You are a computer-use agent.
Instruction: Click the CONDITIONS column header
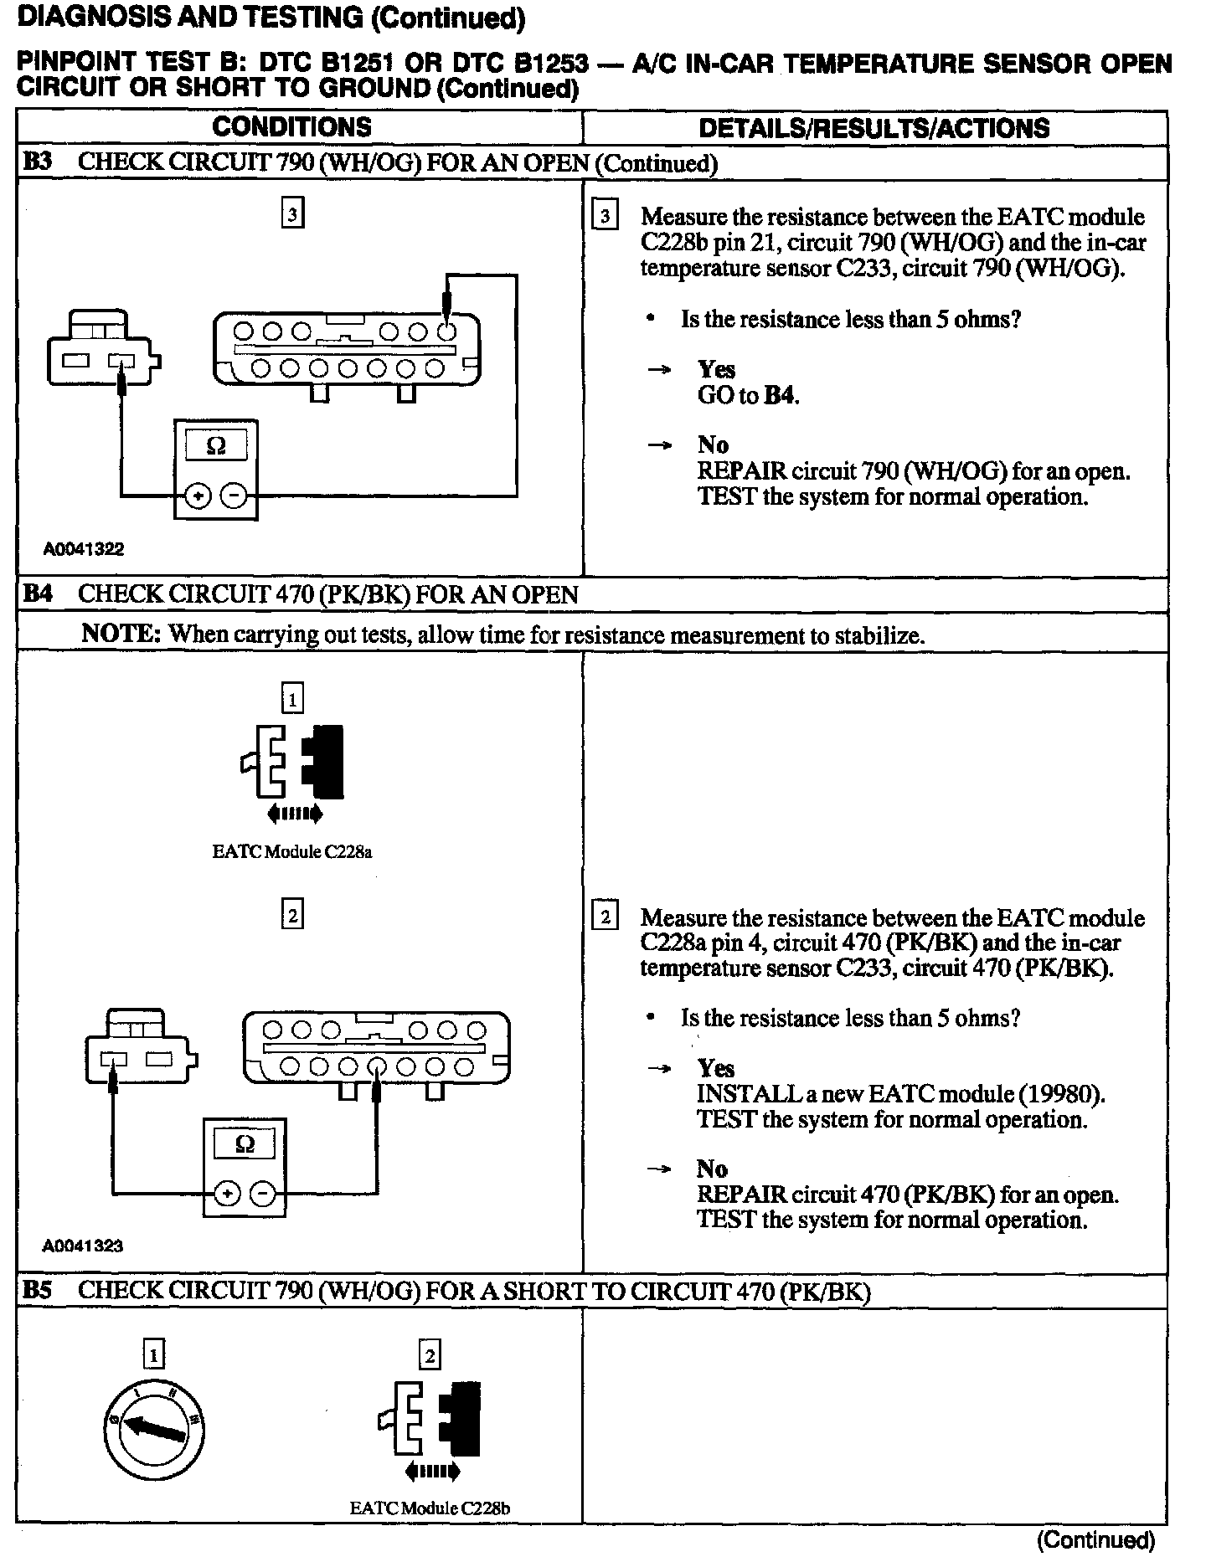(x=291, y=127)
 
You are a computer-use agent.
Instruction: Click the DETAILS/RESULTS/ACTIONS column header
(x=874, y=128)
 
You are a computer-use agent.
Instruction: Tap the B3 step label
(x=38, y=162)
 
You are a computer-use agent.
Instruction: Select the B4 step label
(x=38, y=594)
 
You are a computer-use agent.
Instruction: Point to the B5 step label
(x=38, y=1290)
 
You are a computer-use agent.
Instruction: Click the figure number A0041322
(x=84, y=549)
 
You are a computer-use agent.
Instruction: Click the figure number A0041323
(x=83, y=1246)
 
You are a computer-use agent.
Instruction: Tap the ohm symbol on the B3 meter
(x=215, y=446)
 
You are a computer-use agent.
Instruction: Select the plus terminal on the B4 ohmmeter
(x=226, y=1193)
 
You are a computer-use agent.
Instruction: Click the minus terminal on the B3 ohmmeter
(x=234, y=496)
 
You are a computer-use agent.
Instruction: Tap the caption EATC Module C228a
(x=291, y=852)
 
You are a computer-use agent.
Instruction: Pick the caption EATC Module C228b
(x=430, y=1508)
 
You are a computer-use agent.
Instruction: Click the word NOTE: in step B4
(x=121, y=634)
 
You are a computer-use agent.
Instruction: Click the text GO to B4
(x=748, y=395)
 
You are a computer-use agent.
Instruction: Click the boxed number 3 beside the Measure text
(x=604, y=216)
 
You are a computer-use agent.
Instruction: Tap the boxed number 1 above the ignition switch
(x=154, y=1354)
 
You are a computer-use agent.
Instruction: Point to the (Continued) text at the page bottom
(x=1095, y=1540)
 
